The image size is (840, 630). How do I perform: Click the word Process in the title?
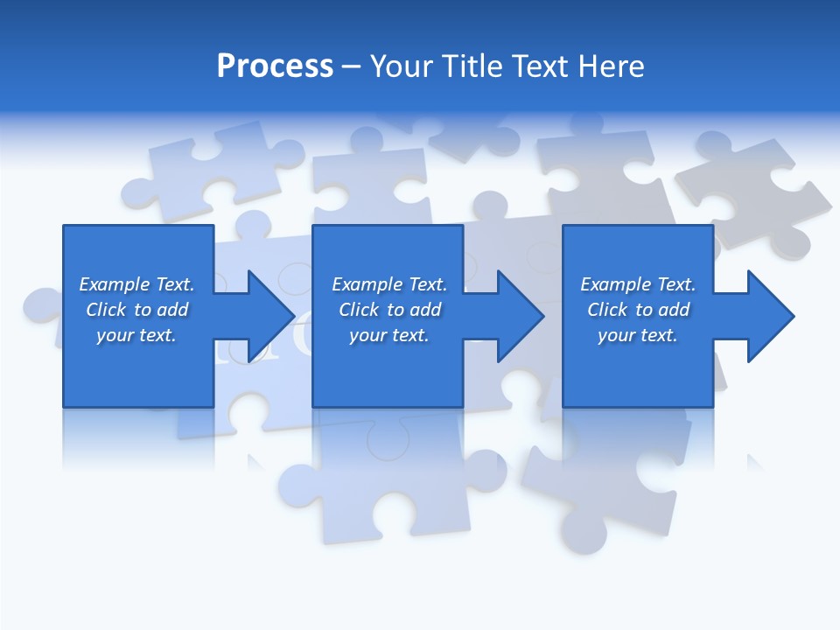pyautogui.click(x=275, y=66)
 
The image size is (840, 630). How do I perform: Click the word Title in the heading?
pyautogui.click(x=472, y=66)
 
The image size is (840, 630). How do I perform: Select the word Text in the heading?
pyautogui.click(x=540, y=66)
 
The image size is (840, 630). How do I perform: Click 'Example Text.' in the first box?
pyautogui.click(x=136, y=284)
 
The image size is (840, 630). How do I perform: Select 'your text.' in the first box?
pyautogui.click(x=136, y=335)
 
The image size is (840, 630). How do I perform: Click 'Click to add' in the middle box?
pyautogui.click(x=389, y=310)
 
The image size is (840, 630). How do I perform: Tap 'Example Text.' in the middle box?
pyautogui.click(x=389, y=284)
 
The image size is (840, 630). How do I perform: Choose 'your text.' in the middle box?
pyautogui.click(x=389, y=335)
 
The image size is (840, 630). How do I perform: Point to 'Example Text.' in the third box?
pyautogui.click(x=638, y=284)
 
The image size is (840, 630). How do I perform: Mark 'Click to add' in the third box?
pyautogui.click(x=638, y=310)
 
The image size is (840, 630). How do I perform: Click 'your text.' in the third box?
pyautogui.click(x=638, y=335)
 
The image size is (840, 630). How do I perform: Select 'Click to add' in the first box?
pyautogui.click(x=136, y=310)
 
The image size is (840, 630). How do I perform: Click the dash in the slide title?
pyautogui.click(x=352, y=66)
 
